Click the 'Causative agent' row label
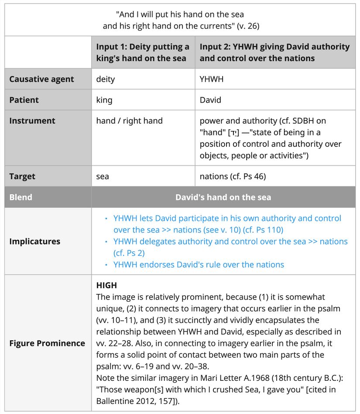point(41,79)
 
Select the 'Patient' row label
point(24,100)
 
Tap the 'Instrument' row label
point(32,121)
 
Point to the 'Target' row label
point(22,176)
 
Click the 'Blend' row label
point(21,197)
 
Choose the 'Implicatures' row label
point(34,241)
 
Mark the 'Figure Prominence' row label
point(47,343)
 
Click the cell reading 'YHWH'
point(212,79)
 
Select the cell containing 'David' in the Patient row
point(210,100)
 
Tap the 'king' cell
point(104,100)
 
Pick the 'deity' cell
point(106,79)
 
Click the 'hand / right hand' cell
point(129,121)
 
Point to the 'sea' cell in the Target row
point(103,176)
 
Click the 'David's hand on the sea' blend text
point(223,197)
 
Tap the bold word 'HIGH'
point(106,286)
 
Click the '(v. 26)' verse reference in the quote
point(248,26)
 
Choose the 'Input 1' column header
point(143,52)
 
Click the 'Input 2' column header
point(274,52)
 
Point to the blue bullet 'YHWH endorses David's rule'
point(199,264)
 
